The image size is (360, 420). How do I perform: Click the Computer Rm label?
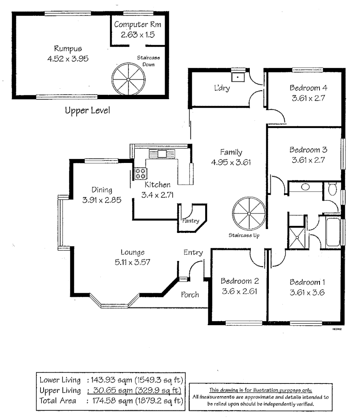point(137,24)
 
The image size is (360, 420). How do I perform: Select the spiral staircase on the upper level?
point(128,76)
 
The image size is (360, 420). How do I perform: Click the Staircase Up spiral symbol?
point(249,214)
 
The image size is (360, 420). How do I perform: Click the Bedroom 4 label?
point(308,87)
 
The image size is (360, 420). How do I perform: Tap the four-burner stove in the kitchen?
point(140,173)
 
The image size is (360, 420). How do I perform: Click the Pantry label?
point(191,221)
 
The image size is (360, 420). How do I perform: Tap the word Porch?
point(190,294)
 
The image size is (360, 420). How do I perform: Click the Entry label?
point(193,253)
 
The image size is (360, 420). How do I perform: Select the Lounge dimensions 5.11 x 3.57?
point(132,262)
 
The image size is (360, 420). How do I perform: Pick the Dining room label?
point(102,190)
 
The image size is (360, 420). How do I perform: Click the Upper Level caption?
point(87,110)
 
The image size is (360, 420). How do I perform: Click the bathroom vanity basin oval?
point(306,187)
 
